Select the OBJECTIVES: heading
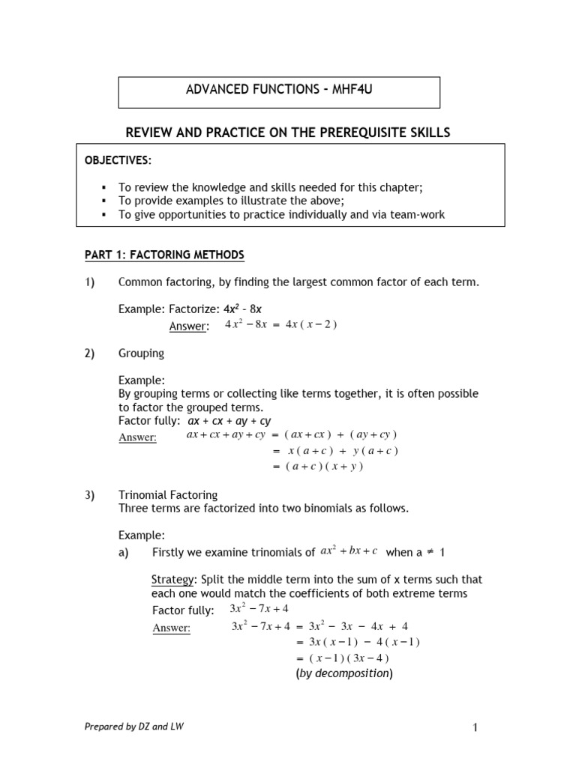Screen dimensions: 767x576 tap(118, 160)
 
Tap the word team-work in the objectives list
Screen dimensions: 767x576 tap(417, 214)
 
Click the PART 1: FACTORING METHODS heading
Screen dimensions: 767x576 tap(164, 255)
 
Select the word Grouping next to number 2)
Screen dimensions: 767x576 tap(141, 353)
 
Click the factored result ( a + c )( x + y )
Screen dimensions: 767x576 tap(325, 466)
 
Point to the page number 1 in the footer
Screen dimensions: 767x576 tap(475, 727)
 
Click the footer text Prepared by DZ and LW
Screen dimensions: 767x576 tap(133, 727)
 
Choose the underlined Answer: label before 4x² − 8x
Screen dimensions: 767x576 tap(188, 326)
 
